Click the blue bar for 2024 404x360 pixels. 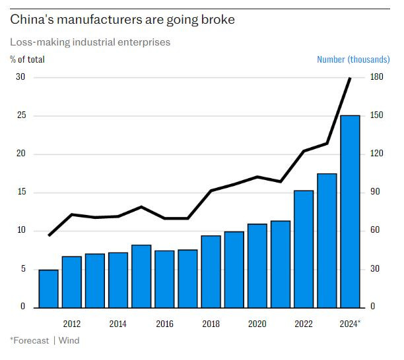(350, 211)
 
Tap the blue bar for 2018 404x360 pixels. (211, 271)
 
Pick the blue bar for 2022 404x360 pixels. (304, 249)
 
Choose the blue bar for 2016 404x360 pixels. (164, 279)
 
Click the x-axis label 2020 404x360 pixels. (257, 324)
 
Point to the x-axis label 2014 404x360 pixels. (118, 324)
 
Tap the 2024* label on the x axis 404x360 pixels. (351, 324)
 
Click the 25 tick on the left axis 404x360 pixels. (20, 116)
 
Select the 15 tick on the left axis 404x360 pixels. (20, 193)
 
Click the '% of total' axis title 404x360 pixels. (28, 59)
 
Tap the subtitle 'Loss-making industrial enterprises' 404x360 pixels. (90, 42)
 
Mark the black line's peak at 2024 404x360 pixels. (350, 78)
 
